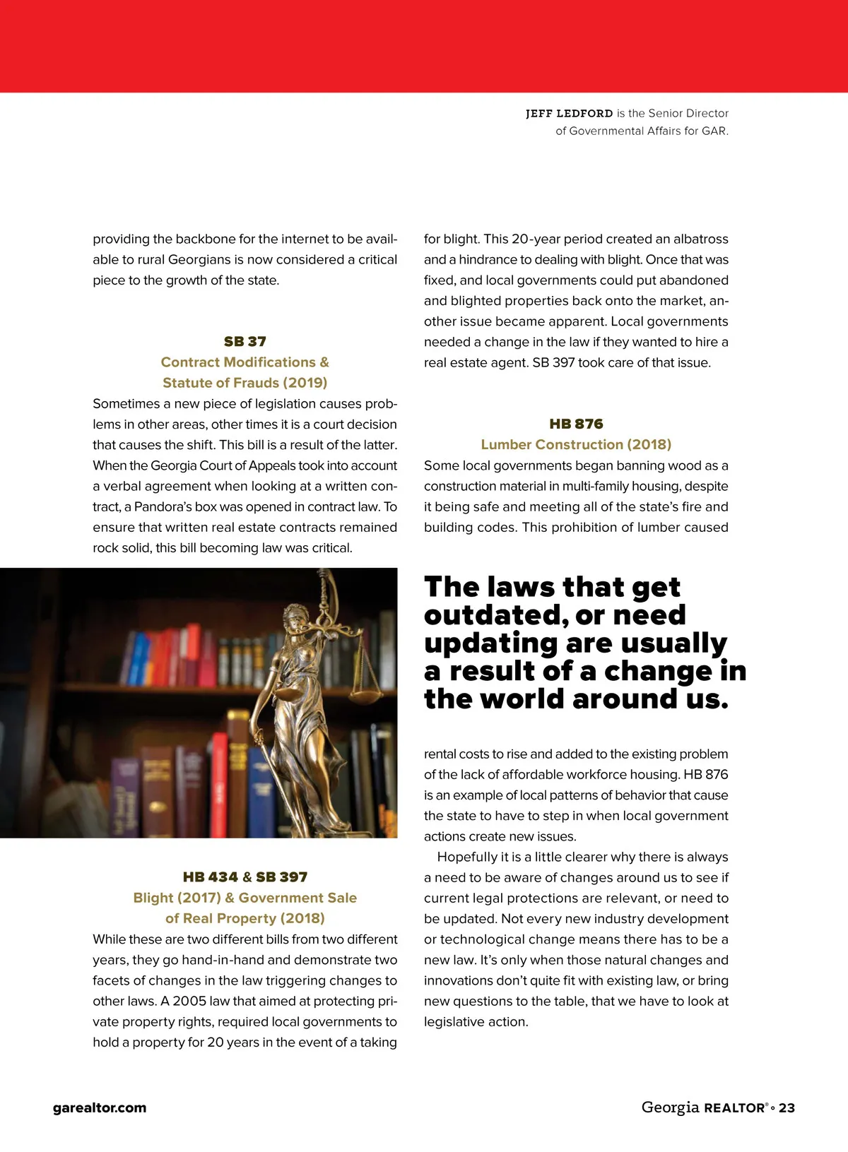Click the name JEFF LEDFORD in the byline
569,114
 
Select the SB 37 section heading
245,342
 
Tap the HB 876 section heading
576,424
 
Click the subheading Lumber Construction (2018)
576,444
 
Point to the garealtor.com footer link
100,1108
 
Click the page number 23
787,1108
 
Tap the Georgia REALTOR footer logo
704,1108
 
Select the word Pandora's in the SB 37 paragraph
166,507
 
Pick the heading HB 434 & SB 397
245,877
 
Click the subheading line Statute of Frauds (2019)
245,383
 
